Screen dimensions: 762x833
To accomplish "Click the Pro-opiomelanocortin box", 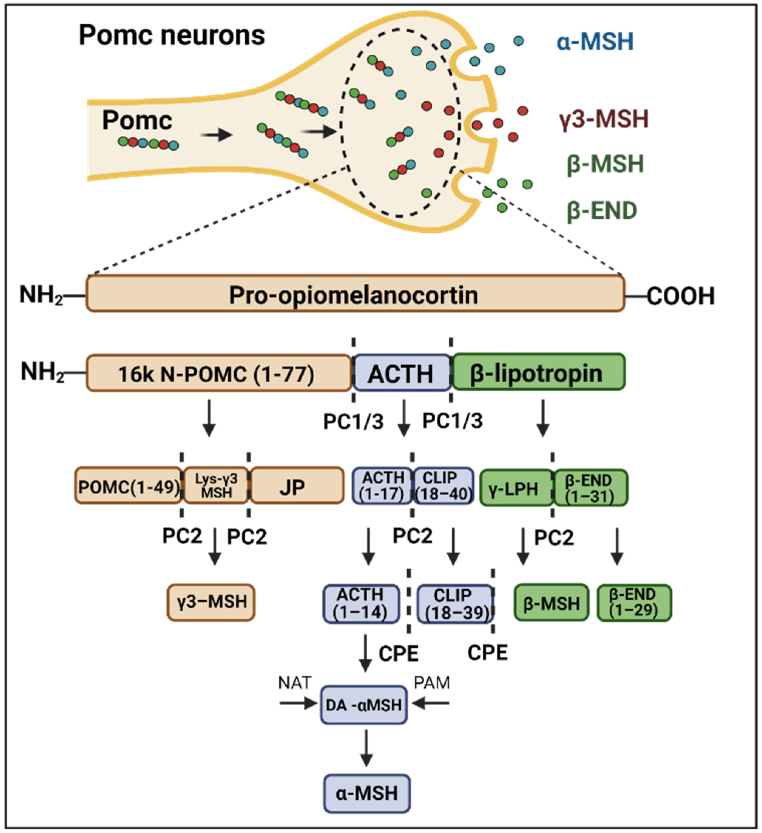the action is (x=355, y=293).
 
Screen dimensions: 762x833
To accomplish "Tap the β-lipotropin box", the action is (x=539, y=372).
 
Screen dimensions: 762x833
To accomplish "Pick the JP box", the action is (x=297, y=485).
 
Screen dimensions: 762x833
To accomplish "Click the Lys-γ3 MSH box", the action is (x=216, y=485).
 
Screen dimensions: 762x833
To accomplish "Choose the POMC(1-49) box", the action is (x=129, y=485).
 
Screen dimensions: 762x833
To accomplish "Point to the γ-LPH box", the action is (x=516, y=488).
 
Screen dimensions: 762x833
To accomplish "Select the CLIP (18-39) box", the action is (x=455, y=604).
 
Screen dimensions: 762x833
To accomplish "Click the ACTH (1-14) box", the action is (x=361, y=604).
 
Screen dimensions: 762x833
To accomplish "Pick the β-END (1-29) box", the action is (x=635, y=602).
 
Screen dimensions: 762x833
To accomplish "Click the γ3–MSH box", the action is (x=211, y=602).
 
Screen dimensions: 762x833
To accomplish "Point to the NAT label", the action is (x=295, y=683).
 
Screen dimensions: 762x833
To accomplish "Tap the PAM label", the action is (x=432, y=683).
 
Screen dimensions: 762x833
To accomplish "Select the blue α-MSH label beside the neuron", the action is (x=595, y=42).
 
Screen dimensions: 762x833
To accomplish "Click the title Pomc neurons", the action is (x=172, y=35).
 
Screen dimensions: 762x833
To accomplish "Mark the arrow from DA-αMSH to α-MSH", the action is (x=366, y=748).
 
